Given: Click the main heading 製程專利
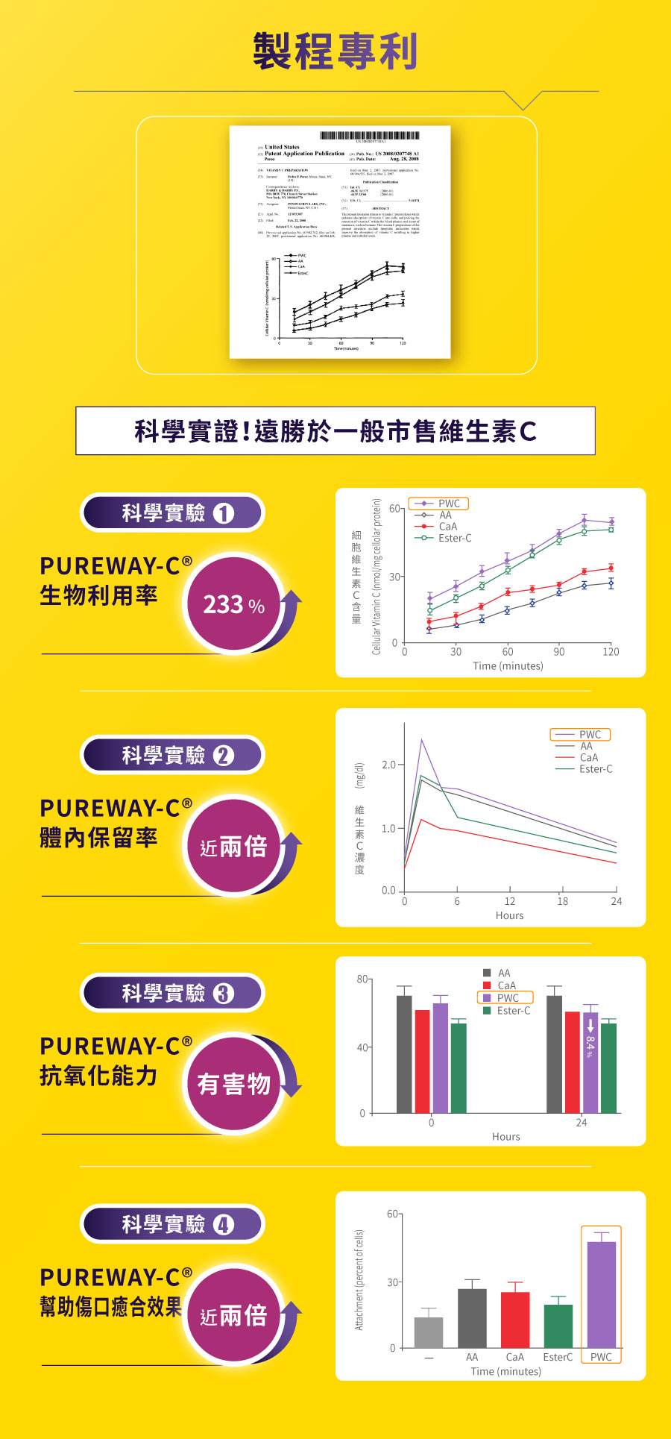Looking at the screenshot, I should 335,51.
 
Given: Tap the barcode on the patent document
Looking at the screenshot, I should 369,135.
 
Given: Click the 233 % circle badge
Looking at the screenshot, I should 234,604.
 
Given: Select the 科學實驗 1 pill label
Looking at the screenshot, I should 172,513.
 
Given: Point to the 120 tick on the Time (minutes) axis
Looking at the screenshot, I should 611,651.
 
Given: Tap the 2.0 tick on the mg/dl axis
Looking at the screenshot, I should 388,765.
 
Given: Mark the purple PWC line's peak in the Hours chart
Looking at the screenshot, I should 421,740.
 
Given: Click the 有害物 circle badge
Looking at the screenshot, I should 234,1083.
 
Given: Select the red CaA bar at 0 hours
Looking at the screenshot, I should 422,1061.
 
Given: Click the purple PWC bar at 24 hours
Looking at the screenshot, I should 590,1062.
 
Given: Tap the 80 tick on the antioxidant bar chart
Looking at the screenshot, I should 362,979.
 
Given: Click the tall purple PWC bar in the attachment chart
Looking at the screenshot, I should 601,1294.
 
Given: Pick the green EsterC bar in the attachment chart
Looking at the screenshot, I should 558,1326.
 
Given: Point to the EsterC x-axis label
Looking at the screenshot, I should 558,1357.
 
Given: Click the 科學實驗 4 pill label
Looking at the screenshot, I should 172,1224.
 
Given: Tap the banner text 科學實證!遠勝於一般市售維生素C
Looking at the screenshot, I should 335,431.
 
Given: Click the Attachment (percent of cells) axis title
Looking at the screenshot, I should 359,1280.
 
